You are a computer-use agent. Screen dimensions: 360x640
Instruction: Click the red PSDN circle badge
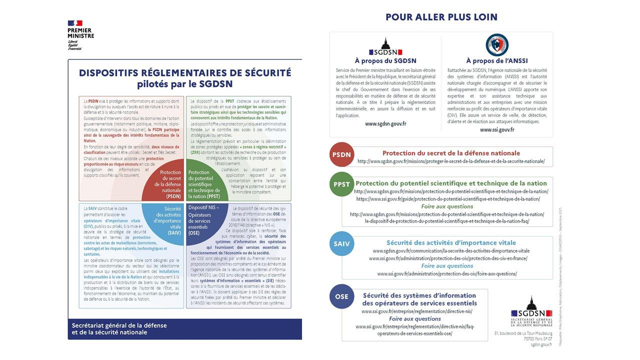[342, 154]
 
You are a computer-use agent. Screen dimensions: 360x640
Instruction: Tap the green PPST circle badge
[342, 184]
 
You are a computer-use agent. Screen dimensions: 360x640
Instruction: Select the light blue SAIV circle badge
[342, 244]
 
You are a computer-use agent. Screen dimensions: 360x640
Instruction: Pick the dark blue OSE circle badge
[342, 296]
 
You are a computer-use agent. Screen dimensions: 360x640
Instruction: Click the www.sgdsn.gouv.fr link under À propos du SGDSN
[385, 123]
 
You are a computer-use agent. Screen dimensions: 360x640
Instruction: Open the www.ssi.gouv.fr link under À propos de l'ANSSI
[497, 129]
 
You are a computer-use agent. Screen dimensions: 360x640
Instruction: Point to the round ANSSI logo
[497, 44]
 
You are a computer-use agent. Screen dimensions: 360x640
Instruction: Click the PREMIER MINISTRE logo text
[80, 33]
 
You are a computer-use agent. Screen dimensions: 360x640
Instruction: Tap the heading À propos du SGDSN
[385, 61]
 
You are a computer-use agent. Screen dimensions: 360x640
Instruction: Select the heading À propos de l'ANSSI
[497, 61]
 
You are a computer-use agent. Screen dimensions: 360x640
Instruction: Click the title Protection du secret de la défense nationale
[451, 153]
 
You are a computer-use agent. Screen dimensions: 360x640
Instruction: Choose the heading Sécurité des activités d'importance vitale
[451, 242]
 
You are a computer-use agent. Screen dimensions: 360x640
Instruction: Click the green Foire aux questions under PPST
[447, 206]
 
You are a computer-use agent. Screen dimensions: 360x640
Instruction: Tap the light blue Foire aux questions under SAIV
[447, 266]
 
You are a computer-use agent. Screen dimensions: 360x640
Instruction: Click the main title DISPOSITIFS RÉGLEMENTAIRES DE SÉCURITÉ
[185, 73]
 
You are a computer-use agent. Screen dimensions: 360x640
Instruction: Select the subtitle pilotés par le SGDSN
[185, 84]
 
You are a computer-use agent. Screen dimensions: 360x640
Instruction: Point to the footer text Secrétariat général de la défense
[119, 325]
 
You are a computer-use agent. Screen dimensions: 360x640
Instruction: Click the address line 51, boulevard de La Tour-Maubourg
[523, 332]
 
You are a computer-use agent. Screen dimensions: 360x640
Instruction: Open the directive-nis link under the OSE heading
[416, 311]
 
